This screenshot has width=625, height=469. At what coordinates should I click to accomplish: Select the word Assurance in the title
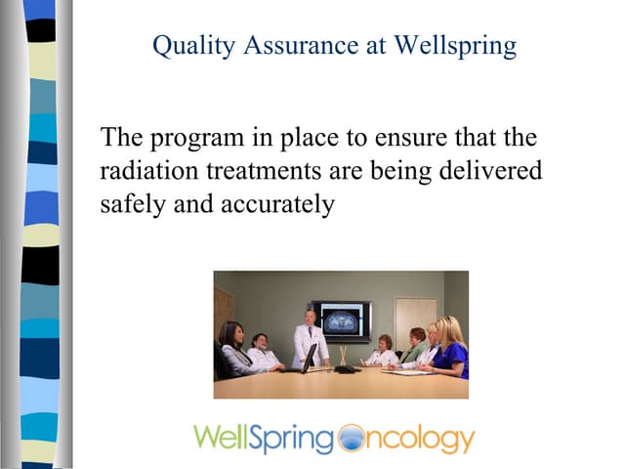pyautogui.click(x=298, y=46)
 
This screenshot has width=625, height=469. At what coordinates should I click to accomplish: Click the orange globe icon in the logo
pyautogui.click(x=349, y=439)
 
